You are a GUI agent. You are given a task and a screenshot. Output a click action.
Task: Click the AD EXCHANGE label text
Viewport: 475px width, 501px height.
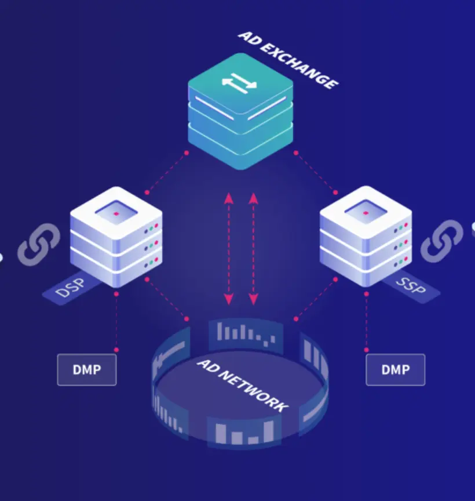pos(288,60)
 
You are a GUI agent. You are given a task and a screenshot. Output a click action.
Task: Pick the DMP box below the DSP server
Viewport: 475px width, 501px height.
pos(87,369)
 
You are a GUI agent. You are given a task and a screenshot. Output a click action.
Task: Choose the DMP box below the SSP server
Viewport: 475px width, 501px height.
pos(396,369)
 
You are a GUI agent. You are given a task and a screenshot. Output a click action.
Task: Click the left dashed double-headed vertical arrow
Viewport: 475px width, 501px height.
pos(229,249)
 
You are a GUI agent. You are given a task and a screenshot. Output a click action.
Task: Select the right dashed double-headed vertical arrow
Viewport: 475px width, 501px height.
pos(253,249)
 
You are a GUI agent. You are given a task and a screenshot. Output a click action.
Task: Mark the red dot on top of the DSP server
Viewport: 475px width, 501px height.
pos(116,214)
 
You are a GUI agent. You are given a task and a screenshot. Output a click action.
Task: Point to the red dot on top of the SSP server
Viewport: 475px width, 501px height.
pos(366,214)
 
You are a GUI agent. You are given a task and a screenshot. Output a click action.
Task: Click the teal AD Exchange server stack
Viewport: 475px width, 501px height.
pos(240,113)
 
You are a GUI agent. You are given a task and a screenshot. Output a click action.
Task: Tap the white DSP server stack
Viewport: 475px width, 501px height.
pos(116,238)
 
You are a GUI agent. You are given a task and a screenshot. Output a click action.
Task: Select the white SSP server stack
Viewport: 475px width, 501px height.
pos(366,238)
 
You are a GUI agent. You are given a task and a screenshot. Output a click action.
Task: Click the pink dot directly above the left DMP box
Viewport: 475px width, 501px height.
pos(116,350)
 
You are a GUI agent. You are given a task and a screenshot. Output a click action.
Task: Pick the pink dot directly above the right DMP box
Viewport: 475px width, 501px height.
pos(367,350)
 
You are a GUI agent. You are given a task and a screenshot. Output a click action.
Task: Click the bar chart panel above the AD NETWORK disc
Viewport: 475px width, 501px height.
pos(245,333)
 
